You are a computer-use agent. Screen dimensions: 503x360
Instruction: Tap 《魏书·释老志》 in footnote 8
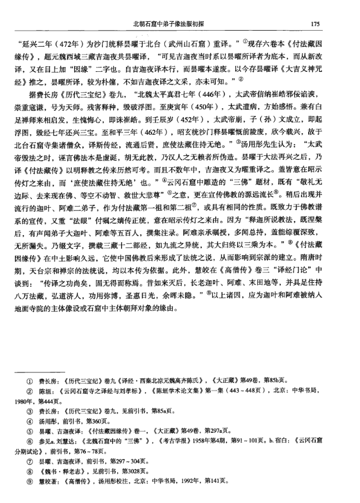point(61,468)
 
